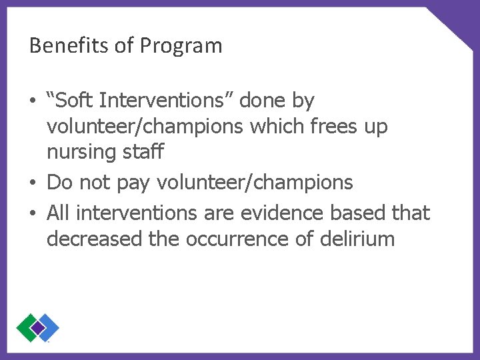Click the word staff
click(142, 152)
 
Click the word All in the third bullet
click(59, 213)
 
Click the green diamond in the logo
click(27, 327)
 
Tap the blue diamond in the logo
click(48, 327)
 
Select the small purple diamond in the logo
click(37, 327)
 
